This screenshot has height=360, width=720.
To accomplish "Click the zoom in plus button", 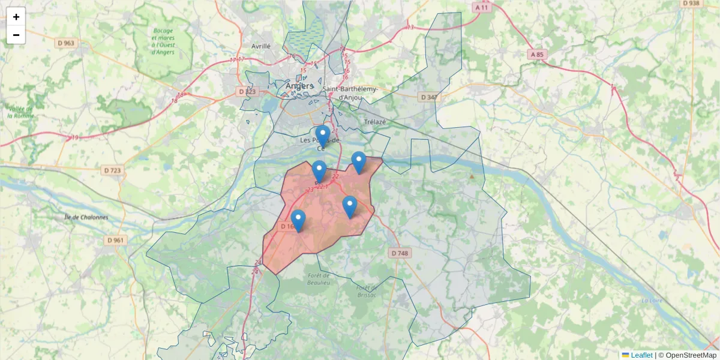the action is [16, 17].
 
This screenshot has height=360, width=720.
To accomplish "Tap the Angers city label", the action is [299, 86].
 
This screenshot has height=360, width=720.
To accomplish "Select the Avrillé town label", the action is [261, 46].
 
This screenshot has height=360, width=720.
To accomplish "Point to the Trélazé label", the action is [375, 122].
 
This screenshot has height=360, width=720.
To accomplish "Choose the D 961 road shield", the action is [116, 240].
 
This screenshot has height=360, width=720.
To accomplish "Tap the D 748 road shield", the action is [400, 253].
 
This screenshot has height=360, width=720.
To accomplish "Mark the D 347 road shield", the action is [428, 97].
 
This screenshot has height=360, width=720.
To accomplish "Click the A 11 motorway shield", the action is [481, 8].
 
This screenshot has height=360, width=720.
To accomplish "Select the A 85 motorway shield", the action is [538, 55].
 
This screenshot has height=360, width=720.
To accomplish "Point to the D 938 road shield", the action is [691, 3].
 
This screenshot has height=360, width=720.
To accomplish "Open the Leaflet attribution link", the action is [641, 355].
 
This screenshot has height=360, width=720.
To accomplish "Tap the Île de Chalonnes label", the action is [86, 217].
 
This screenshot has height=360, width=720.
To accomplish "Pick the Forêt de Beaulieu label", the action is [319, 278].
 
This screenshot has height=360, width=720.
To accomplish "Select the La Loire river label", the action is [651, 301].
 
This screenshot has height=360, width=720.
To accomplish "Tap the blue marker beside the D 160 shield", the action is [298, 221].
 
